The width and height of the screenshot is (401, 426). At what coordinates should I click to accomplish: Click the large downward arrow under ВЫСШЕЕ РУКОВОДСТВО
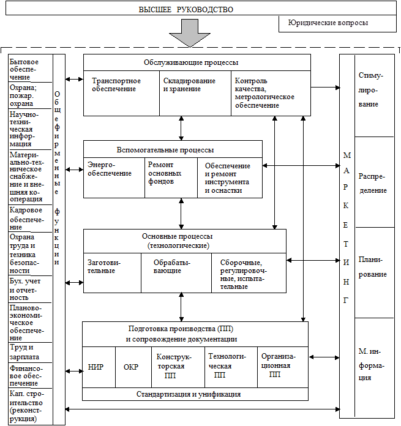pos(193,32)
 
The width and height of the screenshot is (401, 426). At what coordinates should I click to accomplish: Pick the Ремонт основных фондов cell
pos(171,177)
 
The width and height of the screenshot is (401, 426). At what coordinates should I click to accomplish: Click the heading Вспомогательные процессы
pos(173,149)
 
